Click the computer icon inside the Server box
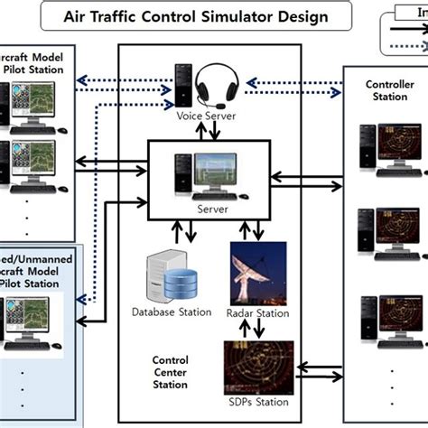click(207, 176)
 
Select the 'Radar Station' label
click(258, 313)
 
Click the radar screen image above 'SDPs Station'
click(254, 366)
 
